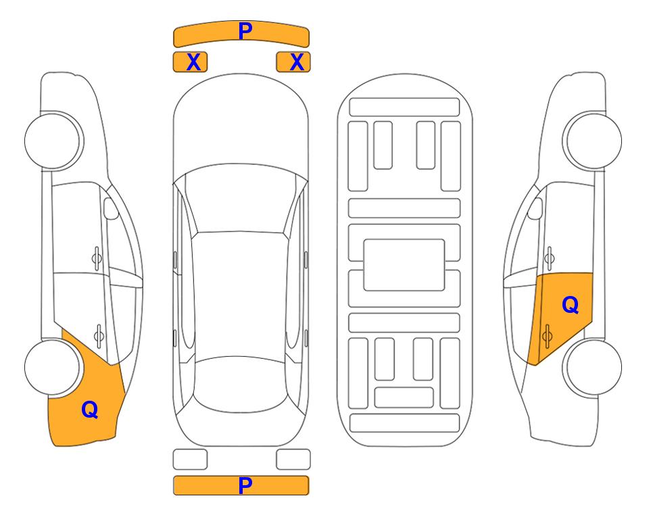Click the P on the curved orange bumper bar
[245, 30]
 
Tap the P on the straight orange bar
[245, 485]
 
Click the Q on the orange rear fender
[89, 409]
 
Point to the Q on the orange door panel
[570, 305]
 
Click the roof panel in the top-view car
[241, 291]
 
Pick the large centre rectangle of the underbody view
[404, 264]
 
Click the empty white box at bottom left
[190, 459]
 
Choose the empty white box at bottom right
[293, 459]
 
